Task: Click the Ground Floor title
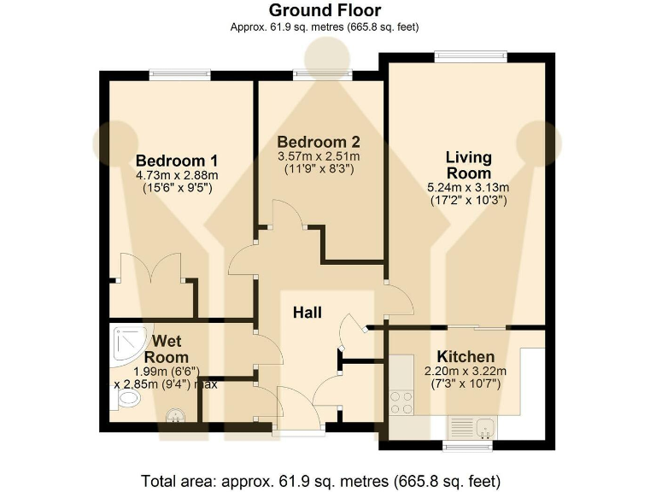325,10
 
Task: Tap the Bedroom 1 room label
177,161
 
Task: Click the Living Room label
469,166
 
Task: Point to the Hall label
307,313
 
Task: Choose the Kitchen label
466,356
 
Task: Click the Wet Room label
166,349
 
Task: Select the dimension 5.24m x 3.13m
469,188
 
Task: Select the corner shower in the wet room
125,342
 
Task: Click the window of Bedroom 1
180,75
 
